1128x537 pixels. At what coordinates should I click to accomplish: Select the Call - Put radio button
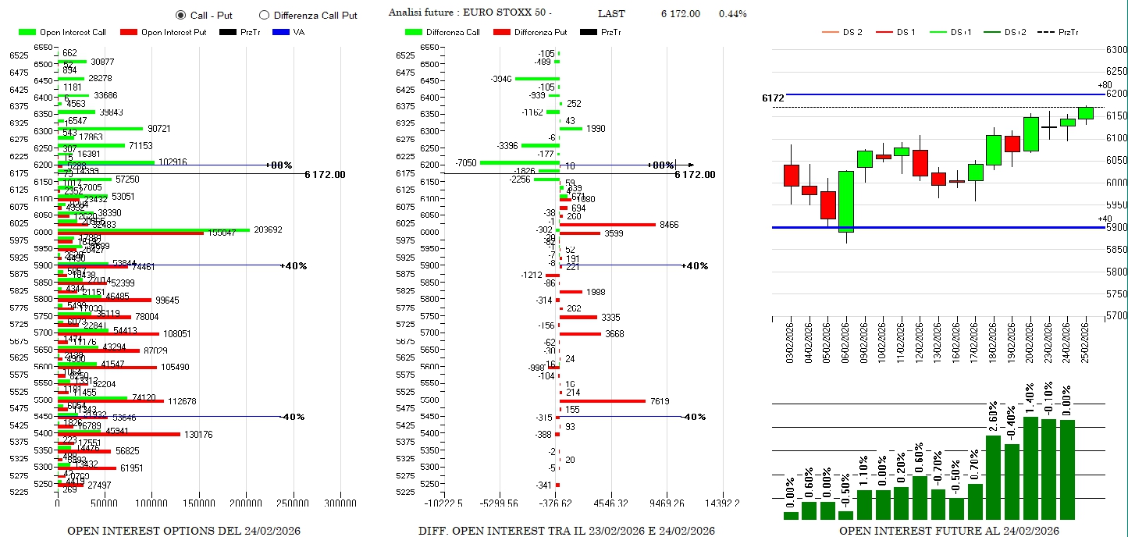pyautogui.click(x=181, y=15)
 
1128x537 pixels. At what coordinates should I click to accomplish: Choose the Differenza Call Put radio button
pyautogui.click(x=264, y=15)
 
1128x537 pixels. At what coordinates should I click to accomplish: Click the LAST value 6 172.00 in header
pyautogui.click(x=680, y=14)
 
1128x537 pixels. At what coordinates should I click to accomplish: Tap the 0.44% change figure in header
pyautogui.click(x=732, y=14)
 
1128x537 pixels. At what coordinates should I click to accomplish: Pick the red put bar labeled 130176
pyautogui.click(x=119, y=434)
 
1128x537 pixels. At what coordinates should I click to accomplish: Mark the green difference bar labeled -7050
pyautogui.click(x=519, y=162)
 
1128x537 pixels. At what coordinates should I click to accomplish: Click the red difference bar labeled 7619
pyautogui.click(x=603, y=401)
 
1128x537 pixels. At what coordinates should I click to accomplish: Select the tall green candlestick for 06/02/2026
pyautogui.click(x=846, y=202)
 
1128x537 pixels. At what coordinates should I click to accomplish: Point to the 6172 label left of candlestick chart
pyautogui.click(x=773, y=98)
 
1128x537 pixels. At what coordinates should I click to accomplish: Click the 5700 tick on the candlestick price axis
pyautogui.click(x=1116, y=316)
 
